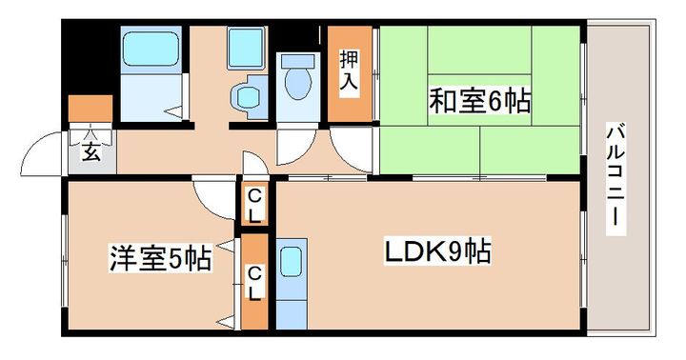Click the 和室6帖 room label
pos(479,99)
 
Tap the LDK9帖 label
pos(437,252)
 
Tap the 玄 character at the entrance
pos(90,151)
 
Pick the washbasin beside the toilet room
pos(248,95)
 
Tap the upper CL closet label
pos(254,205)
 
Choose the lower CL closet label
pos(254,283)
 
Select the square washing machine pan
pos(248,45)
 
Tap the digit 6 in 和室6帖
pos(498,99)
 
